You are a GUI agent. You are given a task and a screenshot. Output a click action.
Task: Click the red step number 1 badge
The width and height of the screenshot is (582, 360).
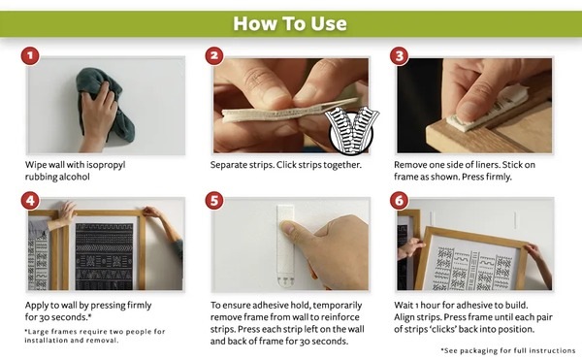[30, 56]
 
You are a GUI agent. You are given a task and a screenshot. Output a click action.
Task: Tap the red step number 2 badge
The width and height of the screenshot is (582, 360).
[214, 56]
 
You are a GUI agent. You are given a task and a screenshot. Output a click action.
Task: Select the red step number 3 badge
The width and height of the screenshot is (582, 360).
[399, 56]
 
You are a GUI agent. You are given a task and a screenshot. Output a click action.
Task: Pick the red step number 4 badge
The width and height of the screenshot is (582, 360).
[30, 201]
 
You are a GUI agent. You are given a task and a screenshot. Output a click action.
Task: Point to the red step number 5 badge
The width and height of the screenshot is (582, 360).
[214, 201]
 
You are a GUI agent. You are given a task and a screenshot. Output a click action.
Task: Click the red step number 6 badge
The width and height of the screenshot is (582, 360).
[399, 201]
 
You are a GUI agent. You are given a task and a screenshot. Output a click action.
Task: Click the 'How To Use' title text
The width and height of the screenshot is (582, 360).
[290, 23]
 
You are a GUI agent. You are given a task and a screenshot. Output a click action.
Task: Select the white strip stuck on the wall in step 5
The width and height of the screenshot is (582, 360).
[285, 245]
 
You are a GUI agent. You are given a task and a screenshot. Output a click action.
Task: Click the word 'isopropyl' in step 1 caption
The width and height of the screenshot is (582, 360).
[107, 165]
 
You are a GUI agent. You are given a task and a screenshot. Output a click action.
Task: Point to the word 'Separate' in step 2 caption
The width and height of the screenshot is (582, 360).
[226, 165]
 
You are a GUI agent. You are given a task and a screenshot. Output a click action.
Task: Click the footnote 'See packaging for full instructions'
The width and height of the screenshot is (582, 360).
[508, 350]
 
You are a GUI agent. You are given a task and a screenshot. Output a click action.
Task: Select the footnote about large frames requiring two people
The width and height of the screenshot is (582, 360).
[95, 336]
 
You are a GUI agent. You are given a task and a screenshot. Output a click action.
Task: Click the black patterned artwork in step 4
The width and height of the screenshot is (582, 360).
[104, 256]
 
